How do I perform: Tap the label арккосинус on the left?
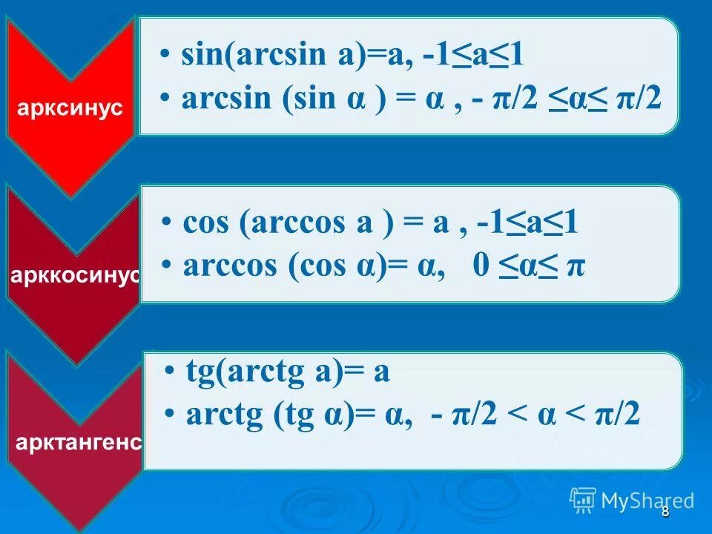[x=74, y=275]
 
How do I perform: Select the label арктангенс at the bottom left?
[x=78, y=443]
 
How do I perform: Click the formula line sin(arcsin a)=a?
[x=297, y=56]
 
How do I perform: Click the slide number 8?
[x=665, y=512]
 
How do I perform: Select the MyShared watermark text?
[x=648, y=501]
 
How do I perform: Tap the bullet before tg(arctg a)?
[x=171, y=373]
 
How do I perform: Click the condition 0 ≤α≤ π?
[x=528, y=266]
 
